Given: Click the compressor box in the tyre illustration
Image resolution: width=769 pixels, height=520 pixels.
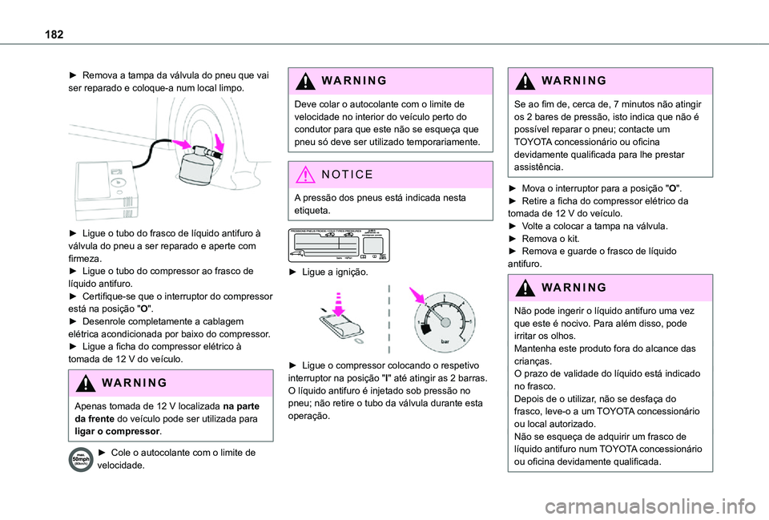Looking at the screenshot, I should coord(109,188).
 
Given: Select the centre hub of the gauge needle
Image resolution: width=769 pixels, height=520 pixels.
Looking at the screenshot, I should coord(441,320).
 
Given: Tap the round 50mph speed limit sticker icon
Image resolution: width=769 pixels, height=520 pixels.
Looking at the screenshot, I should coord(81,460).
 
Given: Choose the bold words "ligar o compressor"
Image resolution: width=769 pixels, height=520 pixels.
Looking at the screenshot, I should coord(115,432).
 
